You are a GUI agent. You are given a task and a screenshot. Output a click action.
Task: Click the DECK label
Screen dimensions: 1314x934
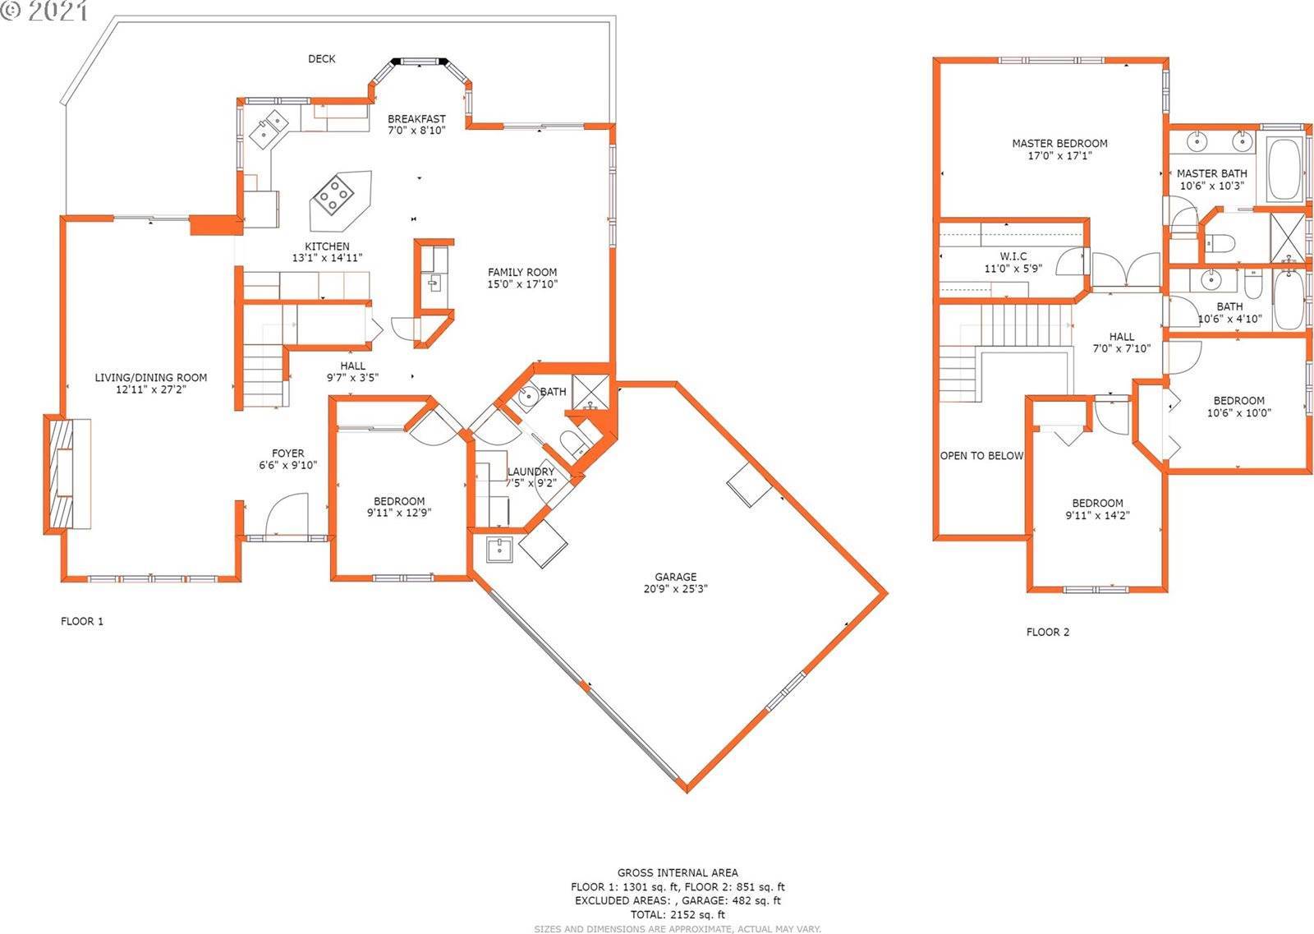321,58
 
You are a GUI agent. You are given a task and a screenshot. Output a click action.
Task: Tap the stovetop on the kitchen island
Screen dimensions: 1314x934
333,195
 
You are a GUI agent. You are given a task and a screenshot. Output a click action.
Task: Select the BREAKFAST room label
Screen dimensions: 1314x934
416,118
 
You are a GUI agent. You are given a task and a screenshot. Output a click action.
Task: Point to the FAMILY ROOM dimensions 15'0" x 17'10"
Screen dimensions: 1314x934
522,284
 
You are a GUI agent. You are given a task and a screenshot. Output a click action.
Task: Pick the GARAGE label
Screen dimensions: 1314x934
676,577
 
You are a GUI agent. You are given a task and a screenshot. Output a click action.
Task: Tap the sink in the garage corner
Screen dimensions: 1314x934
499,550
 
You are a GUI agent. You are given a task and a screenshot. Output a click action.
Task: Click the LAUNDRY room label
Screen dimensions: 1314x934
531,472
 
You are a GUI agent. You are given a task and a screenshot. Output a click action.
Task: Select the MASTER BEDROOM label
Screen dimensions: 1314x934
1059,143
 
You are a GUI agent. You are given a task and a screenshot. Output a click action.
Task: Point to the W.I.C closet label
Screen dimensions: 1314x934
1013,256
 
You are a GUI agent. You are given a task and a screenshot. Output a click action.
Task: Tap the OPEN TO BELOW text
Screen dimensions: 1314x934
981,456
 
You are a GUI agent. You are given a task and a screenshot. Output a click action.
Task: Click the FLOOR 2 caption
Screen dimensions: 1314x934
1048,632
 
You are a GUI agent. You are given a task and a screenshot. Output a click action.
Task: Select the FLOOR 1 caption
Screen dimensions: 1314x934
82,621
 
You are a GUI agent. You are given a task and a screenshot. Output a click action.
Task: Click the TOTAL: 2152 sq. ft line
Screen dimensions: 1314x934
678,914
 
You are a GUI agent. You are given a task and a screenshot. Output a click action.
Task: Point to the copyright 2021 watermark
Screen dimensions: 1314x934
44,11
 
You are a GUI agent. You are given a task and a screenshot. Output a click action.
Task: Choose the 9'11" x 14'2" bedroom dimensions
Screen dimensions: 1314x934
1097,516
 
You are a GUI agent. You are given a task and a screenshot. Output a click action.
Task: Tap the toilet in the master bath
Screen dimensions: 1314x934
1220,242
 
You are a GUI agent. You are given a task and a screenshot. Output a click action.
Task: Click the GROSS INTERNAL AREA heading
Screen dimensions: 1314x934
678,872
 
